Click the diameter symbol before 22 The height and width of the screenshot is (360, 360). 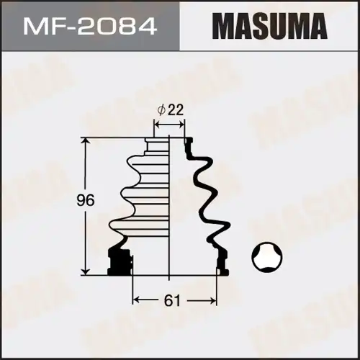[162, 110]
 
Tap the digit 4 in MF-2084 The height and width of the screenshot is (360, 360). [147, 27]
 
